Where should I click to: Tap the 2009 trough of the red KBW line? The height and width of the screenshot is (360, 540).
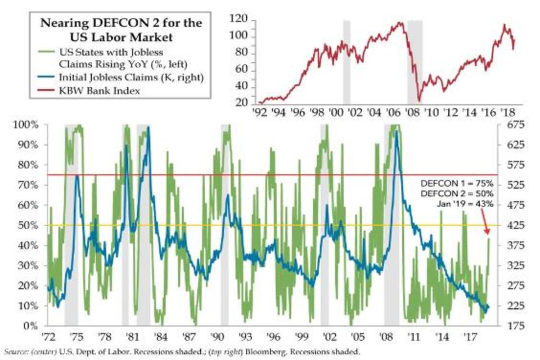[419, 101]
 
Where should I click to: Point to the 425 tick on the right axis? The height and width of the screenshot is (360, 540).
[509, 225]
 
